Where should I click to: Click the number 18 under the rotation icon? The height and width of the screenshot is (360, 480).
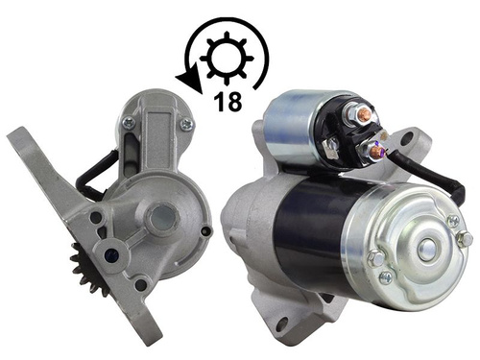pos(228,102)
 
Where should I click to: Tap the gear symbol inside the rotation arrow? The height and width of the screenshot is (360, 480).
pos(227,59)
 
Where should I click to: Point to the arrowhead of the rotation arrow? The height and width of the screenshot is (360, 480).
pos(189,83)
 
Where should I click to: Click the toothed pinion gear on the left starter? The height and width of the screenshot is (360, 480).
pos(84,269)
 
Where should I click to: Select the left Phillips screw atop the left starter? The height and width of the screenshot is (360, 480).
pos(129,122)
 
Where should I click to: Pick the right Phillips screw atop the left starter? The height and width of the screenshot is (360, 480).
pos(187,124)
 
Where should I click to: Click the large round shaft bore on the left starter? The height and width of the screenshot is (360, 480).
pos(163,218)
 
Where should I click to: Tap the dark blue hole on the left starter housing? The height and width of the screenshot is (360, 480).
pos(112,254)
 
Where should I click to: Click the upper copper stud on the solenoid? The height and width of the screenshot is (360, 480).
pos(362,112)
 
